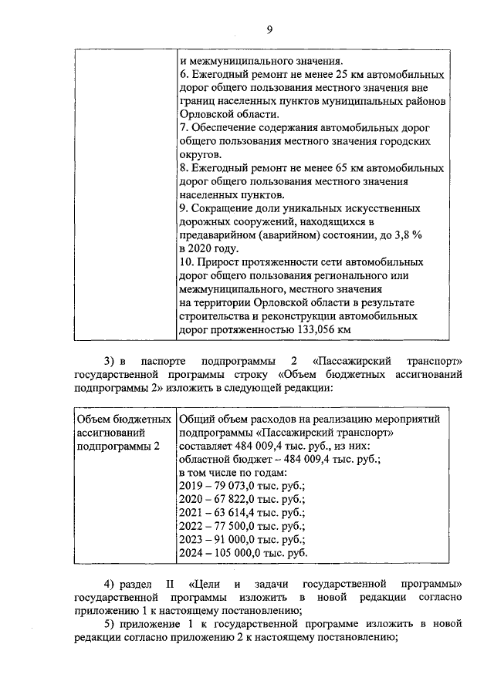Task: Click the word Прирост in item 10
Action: (x=219, y=261)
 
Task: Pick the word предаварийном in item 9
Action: (x=218, y=234)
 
